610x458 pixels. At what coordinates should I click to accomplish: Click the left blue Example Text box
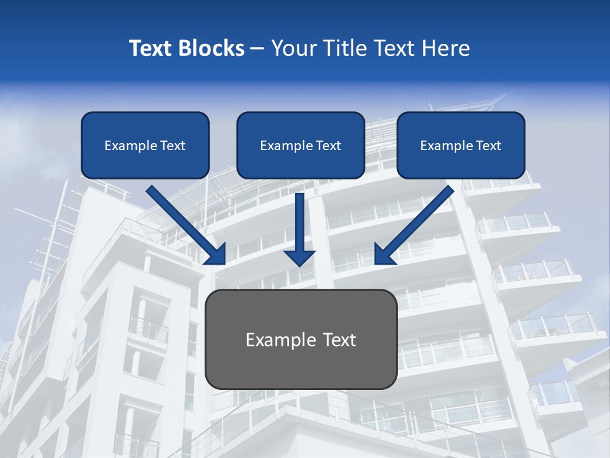click(x=145, y=145)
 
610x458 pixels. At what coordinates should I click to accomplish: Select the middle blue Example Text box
click(x=301, y=145)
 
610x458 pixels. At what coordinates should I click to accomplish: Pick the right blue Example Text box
click(x=461, y=145)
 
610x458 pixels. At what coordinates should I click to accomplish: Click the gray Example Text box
click(x=301, y=340)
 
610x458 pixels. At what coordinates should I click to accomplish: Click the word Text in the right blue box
click(x=488, y=146)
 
